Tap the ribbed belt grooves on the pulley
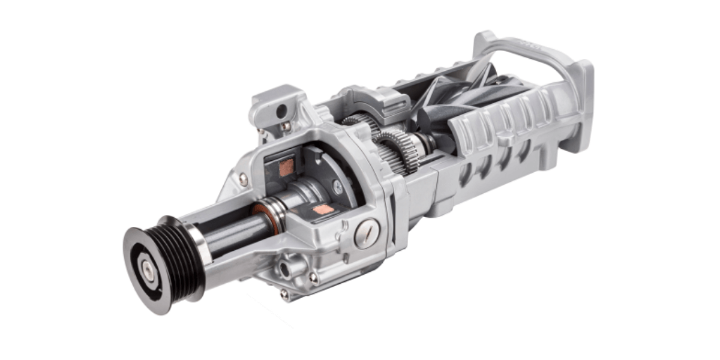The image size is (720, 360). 180,252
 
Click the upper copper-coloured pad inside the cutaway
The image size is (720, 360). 287,167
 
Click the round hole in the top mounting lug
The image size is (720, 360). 281,110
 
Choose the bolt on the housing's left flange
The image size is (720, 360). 242,178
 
